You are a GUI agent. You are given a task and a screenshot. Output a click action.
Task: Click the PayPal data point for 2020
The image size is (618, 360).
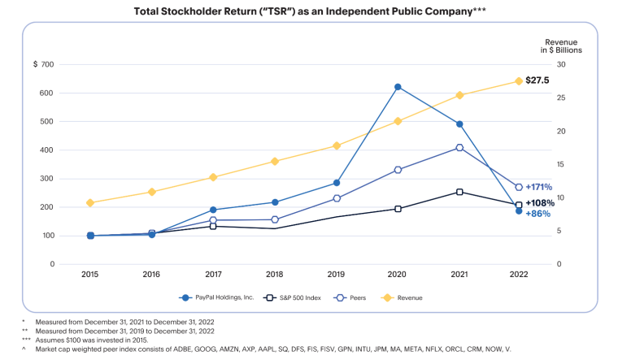coord(398,87)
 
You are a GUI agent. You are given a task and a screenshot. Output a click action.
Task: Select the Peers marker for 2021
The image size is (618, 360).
coord(459,148)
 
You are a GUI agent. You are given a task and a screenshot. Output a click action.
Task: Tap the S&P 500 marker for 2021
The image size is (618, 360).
coord(459,193)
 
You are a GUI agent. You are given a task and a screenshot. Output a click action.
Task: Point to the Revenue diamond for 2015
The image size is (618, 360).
coord(90,203)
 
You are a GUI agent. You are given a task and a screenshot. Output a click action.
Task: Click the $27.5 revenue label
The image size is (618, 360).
coord(538,80)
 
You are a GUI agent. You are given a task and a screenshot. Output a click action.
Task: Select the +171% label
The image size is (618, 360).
coord(539,187)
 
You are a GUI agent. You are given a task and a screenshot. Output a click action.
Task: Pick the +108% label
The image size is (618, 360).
coord(539,203)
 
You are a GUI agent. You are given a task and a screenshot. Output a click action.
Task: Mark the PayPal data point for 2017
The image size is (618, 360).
coord(213,210)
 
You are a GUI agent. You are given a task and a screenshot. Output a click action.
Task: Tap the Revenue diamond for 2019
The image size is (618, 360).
coord(336,146)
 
